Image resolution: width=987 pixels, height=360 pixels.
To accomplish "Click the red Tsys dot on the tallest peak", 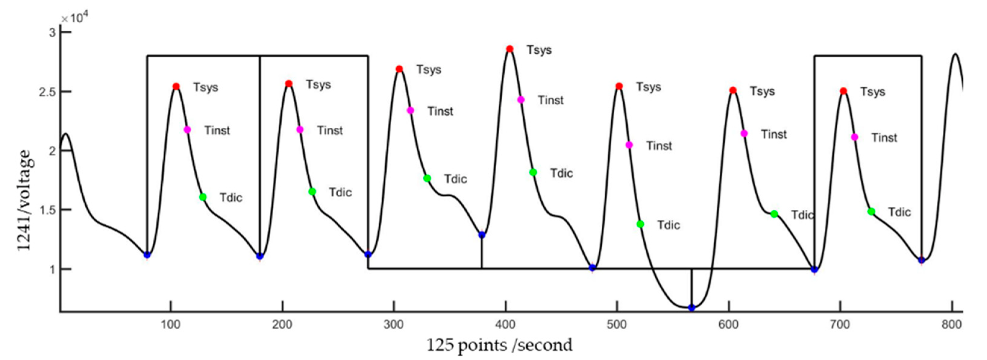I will pos(509,49).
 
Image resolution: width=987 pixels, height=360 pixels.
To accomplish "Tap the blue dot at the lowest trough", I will pos(691,308).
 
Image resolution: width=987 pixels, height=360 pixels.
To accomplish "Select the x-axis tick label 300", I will pos(393,325).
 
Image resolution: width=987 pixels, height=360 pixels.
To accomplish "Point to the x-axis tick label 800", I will pos(952,325).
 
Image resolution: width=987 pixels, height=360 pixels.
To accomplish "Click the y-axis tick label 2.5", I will pos(48,92).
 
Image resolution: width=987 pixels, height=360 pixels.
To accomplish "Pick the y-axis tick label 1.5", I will pos(48,210).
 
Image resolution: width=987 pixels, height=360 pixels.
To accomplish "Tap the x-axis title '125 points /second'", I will pos(499,345).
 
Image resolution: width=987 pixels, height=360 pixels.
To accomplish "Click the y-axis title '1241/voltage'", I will pos(24,200).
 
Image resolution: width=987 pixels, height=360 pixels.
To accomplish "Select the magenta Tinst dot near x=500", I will pos(629,145).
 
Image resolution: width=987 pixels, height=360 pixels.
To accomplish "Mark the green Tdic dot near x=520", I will pos(640,224).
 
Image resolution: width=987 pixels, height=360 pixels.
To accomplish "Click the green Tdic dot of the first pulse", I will pos(203,197).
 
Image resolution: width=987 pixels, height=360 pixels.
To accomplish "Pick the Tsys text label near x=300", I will pos(429,70).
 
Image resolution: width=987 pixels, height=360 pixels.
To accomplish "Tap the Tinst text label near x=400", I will pos(550,100).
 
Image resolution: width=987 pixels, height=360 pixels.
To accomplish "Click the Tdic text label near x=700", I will pos(899,212).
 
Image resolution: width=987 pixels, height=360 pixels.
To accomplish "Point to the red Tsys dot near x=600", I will pos(733,90).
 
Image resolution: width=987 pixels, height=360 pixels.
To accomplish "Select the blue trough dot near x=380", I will pos(482,235).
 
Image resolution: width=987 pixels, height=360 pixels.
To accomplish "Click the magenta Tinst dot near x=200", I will pos(300,130).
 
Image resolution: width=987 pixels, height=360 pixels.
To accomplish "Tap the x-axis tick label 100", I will pos(171,325).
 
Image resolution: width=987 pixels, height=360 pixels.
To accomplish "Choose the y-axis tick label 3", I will pos(52,32).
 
